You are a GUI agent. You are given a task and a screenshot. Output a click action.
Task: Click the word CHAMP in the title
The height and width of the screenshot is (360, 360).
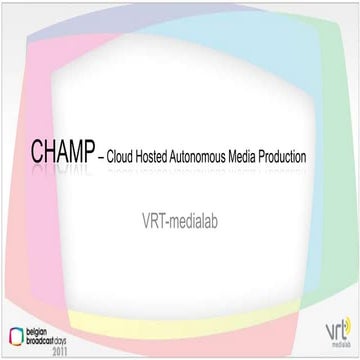pos(60,154)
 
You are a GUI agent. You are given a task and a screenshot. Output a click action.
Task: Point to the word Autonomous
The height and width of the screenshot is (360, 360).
pos(217,157)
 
